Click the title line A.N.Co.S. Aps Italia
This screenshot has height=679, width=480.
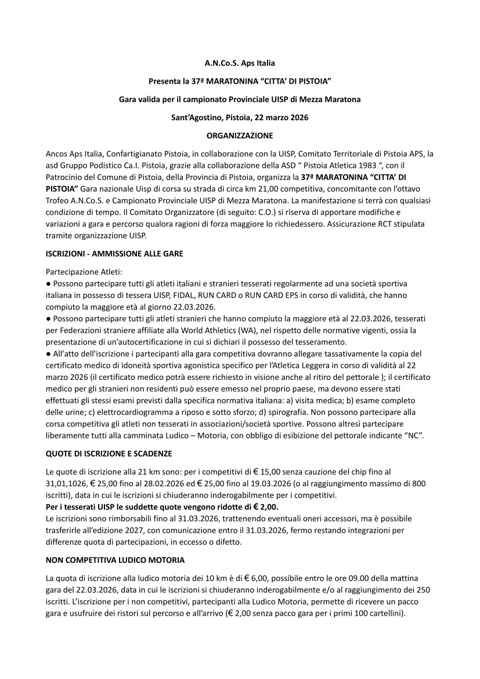tap(240, 62)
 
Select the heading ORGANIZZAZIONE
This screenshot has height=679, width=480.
tap(240, 135)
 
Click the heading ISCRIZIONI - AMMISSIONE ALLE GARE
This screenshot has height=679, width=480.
tap(114, 254)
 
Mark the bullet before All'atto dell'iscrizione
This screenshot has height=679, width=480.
tap(48, 353)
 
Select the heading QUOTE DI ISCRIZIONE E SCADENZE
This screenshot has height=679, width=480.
tap(109, 453)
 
